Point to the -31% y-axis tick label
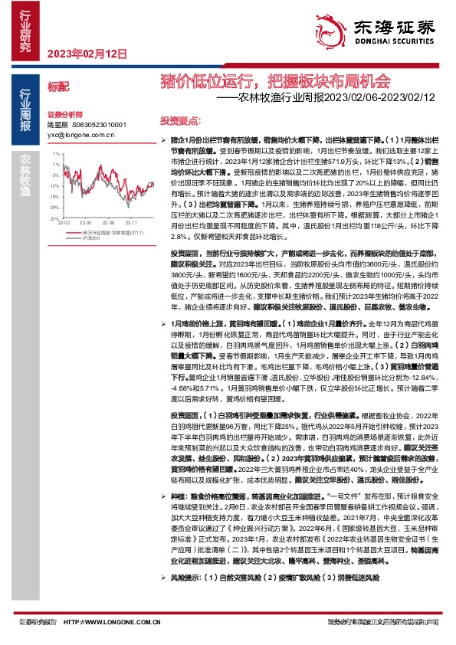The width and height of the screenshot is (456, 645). click(54, 218)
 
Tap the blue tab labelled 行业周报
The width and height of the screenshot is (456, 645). click(25, 110)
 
